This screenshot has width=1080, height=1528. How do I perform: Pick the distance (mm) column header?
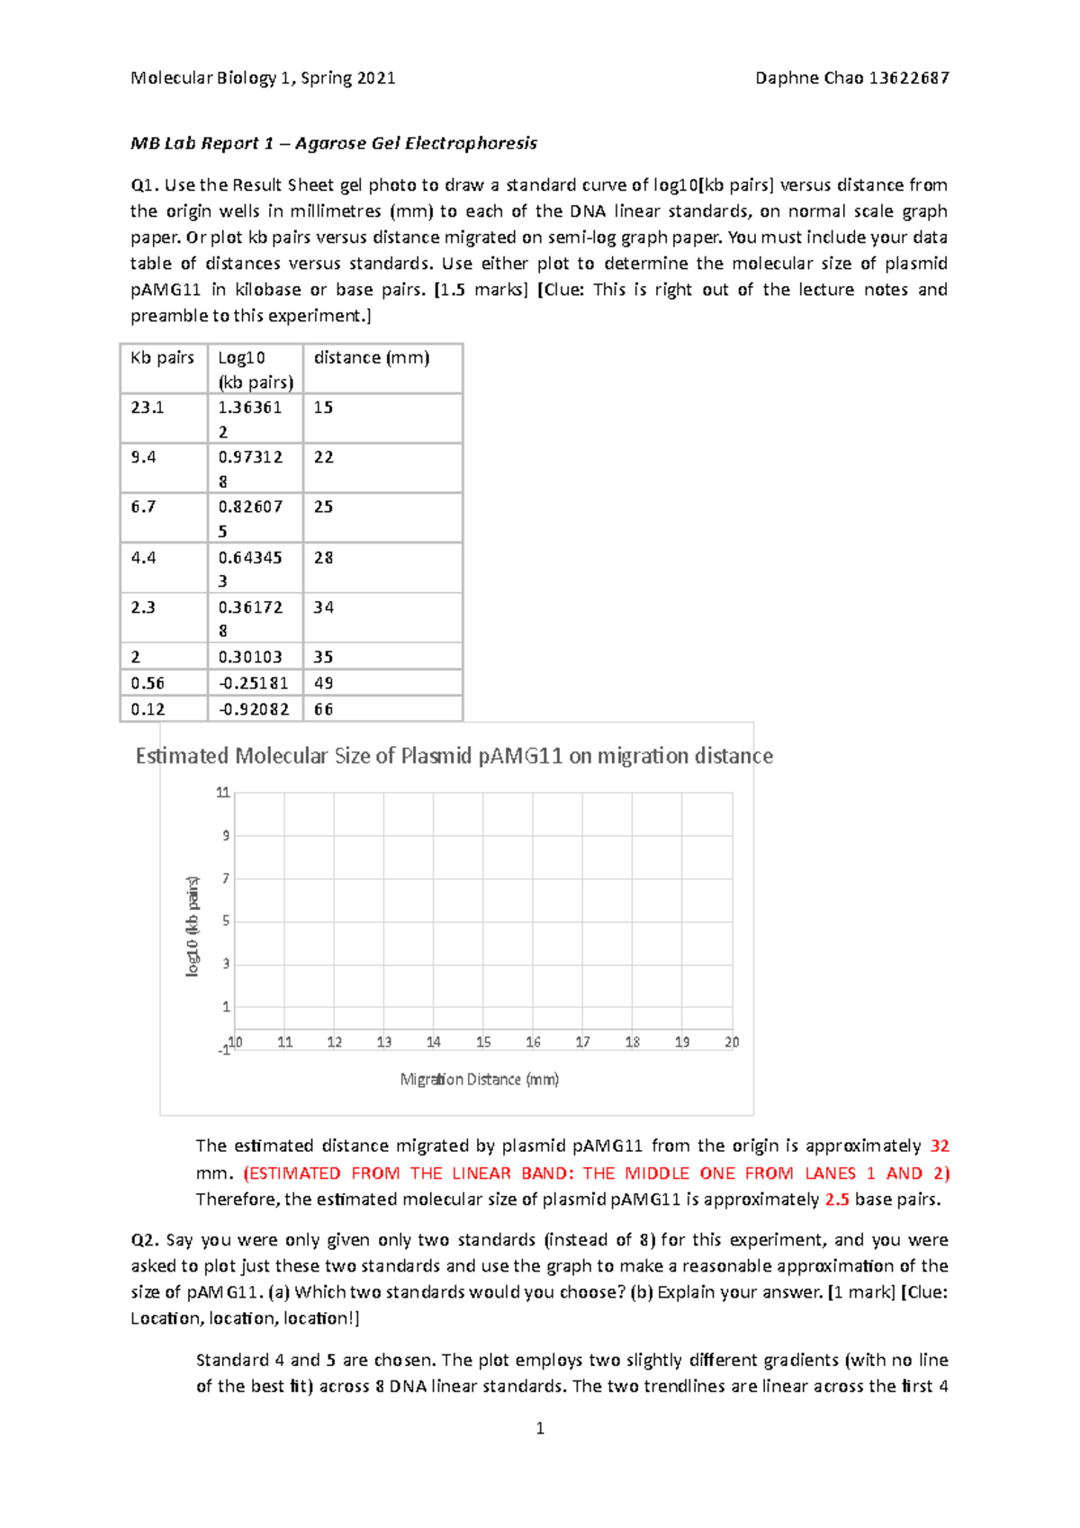(x=371, y=358)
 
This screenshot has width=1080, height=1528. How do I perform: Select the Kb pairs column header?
(x=162, y=358)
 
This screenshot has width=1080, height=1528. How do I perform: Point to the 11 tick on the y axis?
(x=222, y=793)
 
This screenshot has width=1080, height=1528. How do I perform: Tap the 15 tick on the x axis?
(x=483, y=1042)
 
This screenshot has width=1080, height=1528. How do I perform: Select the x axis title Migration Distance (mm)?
(x=479, y=1079)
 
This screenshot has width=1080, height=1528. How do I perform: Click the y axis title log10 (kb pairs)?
(x=193, y=927)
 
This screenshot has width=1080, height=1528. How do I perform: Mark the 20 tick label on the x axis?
(x=732, y=1042)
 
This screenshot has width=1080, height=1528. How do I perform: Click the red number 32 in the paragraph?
(x=940, y=1146)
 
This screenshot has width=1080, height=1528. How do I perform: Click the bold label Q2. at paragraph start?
(x=145, y=1240)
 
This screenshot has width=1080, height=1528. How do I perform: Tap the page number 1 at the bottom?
(x=540, y=1428)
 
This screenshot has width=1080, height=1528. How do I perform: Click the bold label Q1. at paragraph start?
(x=145, y=185)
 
